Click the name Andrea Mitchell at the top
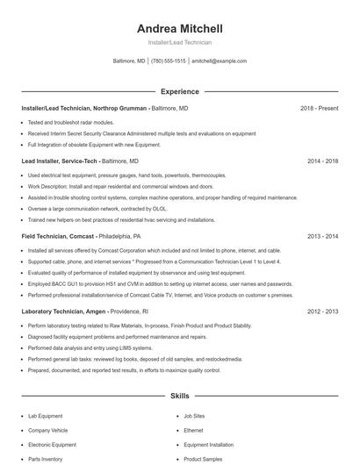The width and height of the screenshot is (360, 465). coord(179,28)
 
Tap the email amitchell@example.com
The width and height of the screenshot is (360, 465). coord(219,61)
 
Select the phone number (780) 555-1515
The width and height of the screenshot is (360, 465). coord(169,61)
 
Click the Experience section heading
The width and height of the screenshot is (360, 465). coord(179,91)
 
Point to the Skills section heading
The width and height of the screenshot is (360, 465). coord(179,397)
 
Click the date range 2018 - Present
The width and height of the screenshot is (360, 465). coord(319,109)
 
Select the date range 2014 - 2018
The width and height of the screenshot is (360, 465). coord(322,161)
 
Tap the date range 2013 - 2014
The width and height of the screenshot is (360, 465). coord(322,237)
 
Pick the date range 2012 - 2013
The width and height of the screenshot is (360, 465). coord(322,311)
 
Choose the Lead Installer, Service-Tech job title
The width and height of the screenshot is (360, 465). coord(60,161)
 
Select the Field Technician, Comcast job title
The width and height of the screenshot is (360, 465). coord(59,237)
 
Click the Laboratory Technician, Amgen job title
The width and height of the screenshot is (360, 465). coord(66,311)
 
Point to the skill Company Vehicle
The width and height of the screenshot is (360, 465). coord(47,431)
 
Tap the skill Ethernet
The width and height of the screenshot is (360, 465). coord(193,431)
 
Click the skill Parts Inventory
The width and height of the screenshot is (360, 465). coord(45,459)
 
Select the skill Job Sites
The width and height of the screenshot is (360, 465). coord(194,417)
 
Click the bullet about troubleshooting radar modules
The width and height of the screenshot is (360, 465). coord(71,122)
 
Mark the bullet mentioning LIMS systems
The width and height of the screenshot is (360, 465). coord(90,348)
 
